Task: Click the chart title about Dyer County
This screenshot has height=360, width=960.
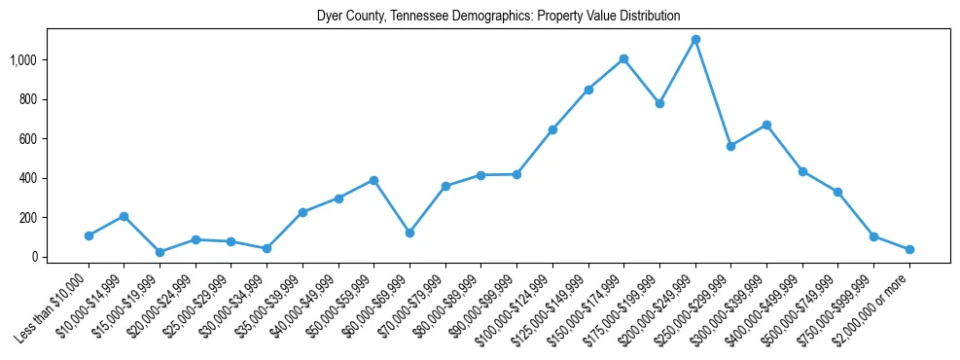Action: (x=498, y=17)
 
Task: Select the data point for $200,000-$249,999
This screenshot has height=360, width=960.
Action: (x=695, y=40)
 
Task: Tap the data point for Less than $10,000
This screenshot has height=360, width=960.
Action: (x=89, y=235)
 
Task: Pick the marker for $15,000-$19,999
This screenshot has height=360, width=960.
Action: (x=160, y=252)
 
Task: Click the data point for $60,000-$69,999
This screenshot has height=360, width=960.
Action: (x=409, y=234)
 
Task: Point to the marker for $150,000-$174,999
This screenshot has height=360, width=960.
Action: (x=623, y=58)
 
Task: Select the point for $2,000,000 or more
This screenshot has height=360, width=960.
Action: (x=909, y=249)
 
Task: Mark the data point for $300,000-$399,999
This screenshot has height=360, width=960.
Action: (x=766, y=125)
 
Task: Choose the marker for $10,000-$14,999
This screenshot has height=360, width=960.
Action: (x=124, y=216)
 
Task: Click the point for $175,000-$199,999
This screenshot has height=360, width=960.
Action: (x=659, y=103)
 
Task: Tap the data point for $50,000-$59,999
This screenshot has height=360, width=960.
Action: (x=373, y=180)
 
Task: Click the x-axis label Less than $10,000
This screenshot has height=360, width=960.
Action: (x=54, y=306)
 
